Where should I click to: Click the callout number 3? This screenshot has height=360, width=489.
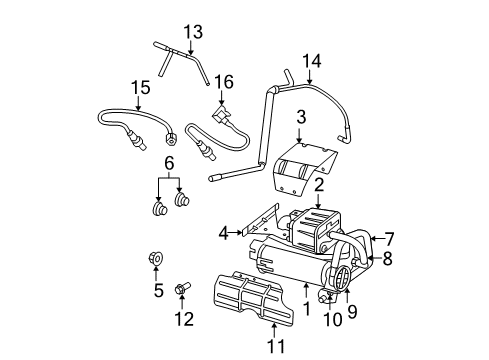[300, 118]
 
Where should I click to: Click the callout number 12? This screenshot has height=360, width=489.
[181, 320]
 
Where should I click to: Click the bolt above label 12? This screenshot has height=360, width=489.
[181, 290]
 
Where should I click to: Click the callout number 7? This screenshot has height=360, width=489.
[390, 238]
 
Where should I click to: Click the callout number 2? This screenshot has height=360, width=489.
[318, 186]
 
